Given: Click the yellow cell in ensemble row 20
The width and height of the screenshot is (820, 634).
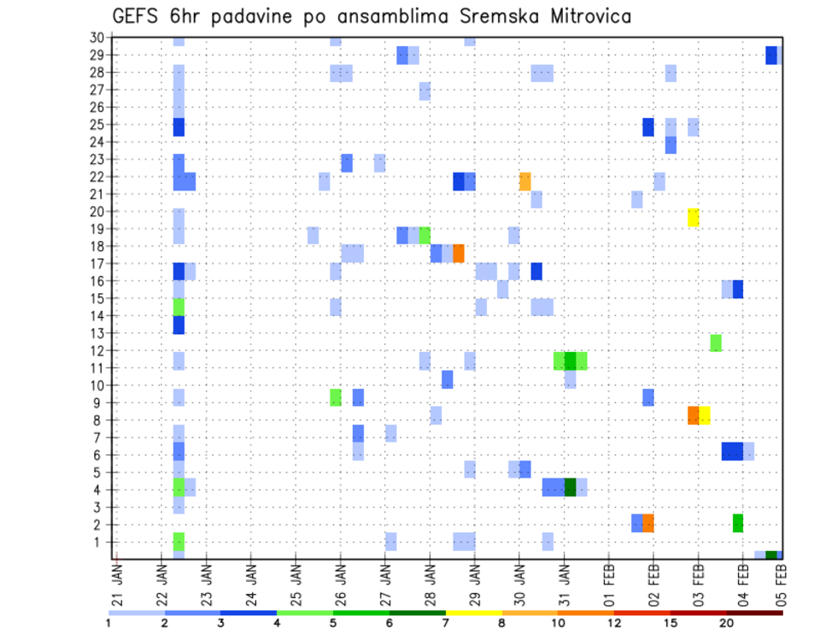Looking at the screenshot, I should (694, 217).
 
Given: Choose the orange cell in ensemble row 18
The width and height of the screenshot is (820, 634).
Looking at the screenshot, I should (459, 253).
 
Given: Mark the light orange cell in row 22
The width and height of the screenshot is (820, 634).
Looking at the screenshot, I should (525, 181).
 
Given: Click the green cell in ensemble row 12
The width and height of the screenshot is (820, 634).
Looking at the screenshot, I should (716, 342).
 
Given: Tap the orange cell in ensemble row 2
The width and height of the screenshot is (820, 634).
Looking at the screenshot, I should (648, 523).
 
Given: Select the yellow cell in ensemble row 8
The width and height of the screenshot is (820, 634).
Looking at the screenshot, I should (705, 415).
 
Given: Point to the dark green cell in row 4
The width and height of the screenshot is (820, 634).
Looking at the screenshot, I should (570, 486).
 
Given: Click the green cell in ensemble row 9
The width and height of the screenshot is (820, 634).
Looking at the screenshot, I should (336, 397).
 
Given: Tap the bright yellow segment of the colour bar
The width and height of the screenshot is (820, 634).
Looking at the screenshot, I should (473, 613).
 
